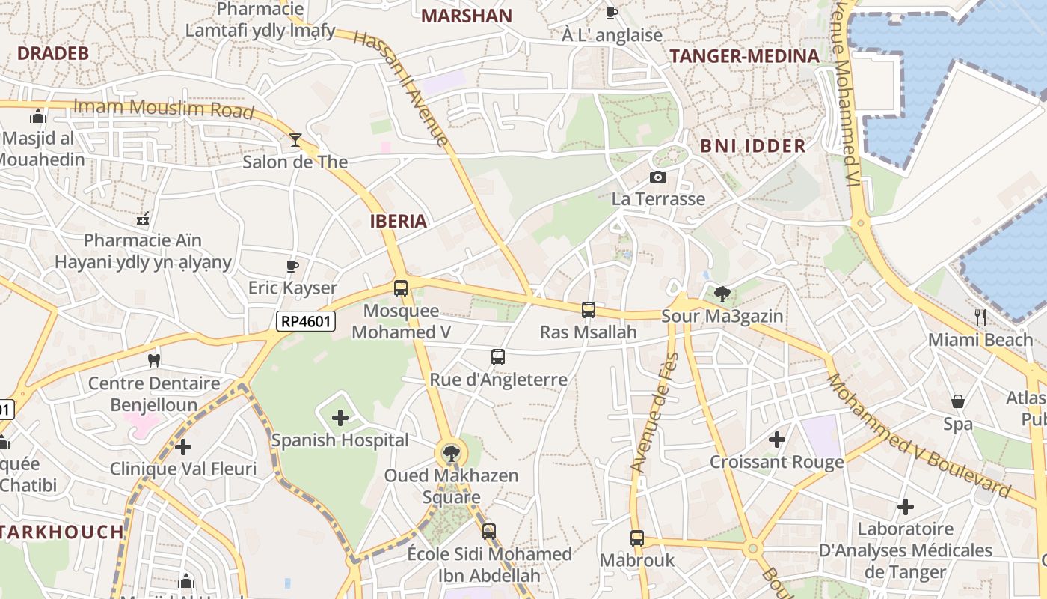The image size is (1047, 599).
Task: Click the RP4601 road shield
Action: click(x=306, y=322)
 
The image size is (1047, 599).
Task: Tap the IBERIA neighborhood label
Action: click(x=399, y=221)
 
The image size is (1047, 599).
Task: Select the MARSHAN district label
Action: click(x=467, y=16)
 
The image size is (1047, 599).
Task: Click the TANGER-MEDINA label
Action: click(x=744, y=56)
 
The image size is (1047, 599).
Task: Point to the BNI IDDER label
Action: click(x=753, y=146)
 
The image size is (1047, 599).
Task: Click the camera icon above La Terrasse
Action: click(x=658, y=177)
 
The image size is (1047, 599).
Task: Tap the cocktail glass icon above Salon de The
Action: click(x=295, y=140)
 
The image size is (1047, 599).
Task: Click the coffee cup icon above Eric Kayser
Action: click(x=292, y=266)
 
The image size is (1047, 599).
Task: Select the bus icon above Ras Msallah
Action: click(x=589, y=309)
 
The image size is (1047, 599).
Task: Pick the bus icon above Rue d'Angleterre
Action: click(x=498, y=357)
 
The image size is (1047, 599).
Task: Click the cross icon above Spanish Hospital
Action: click(x=340, y=418)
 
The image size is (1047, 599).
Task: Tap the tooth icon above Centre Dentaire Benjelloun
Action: click(x=154, y=360)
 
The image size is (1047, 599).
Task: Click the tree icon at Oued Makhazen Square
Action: click(x=451, y=453)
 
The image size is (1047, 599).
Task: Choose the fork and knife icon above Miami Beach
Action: click(x=980, y=317)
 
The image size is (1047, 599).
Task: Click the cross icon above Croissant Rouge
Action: click(x=777, y=440)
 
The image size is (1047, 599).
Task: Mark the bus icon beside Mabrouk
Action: click(x=636, y=538)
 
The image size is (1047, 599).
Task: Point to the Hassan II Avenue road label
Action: click(x=402, y=88)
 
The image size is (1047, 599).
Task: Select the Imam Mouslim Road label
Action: click(x=164, y=109)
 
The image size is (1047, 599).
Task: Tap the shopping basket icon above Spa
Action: click(x=958, y=401)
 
